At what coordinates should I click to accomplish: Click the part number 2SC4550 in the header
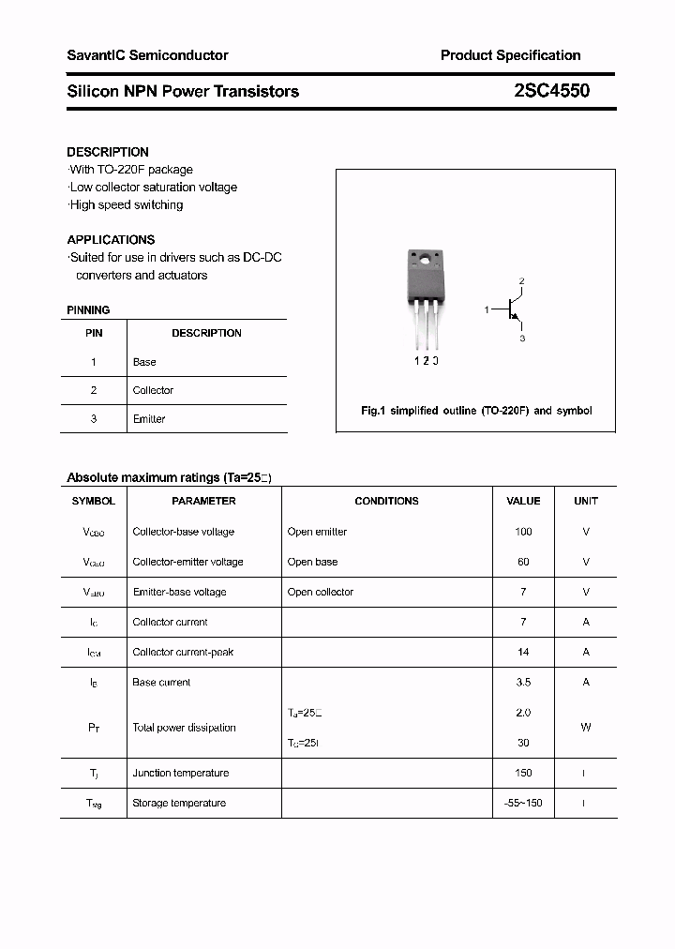tap(552, 91)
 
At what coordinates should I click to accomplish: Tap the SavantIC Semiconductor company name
tap(147, 55)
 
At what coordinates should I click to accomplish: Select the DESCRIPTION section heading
tap(108, 152)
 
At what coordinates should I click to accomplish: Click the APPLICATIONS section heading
tap(111, 240)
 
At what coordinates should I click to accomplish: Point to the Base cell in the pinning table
tap(144, 362)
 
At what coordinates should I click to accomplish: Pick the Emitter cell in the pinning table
tap(149, 419)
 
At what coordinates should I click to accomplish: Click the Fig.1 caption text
tap(476, 411)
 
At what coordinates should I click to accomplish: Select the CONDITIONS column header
tap(386, 501)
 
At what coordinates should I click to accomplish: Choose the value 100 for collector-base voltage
tap(523, 532)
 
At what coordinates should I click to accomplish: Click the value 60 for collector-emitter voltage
tap(523, 562)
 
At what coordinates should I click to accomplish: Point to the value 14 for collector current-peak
tap(523, 652)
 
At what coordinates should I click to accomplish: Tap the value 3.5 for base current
tap(523, 683)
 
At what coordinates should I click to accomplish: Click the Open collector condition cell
tap(321, 592)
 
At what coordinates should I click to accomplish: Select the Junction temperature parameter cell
tap(181, 773)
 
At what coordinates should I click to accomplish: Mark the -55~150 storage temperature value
tap(523, 803)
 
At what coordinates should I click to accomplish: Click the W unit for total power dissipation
tap(586, 728)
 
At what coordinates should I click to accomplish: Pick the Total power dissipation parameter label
tap(185, 728)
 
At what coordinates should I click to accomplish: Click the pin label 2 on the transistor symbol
tap(521, 281)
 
